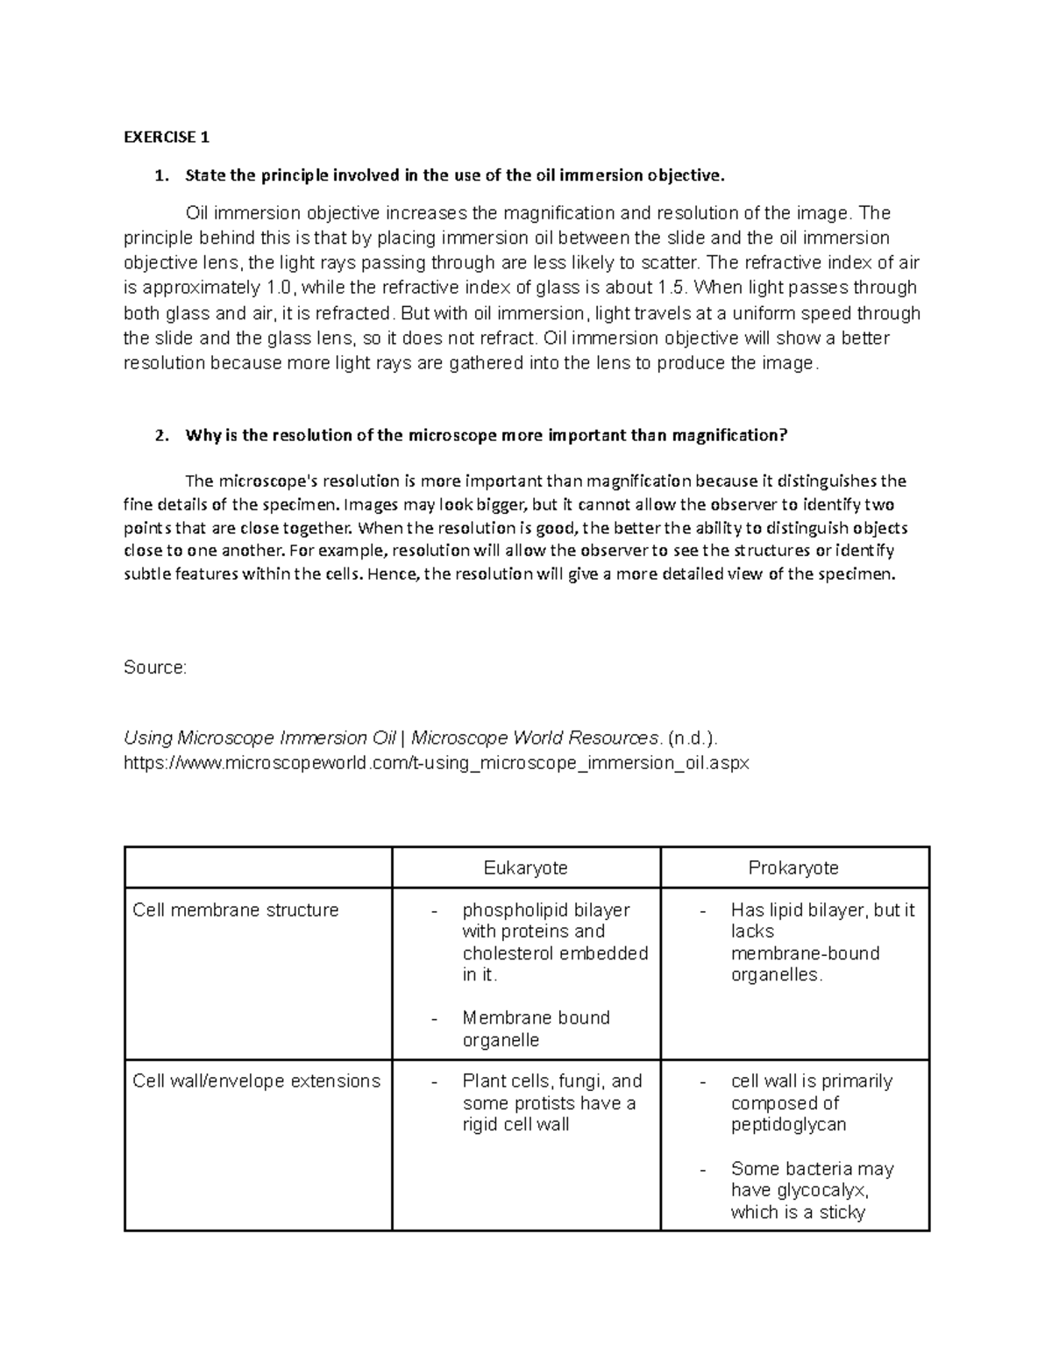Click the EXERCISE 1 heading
(x=167, y=137)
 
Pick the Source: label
(x=155, y=667)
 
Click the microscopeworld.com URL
(x=437, y=763)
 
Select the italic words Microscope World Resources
(x=535, y=738)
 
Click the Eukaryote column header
(x=525, y=868)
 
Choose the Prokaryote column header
(x=793, y=868)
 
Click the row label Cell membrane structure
(x=235, y=910)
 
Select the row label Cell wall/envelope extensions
(x=256, y=1081)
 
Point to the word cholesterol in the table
(x=507, y=953)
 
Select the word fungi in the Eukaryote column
(x=579, y=1081)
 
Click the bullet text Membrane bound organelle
(x=536, y=1029)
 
